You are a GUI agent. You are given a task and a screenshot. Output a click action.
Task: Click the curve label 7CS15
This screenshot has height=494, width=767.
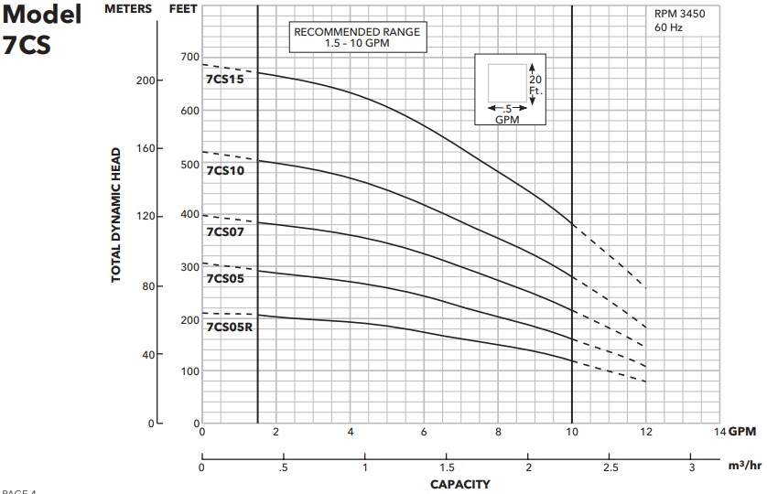[x=223, y=81]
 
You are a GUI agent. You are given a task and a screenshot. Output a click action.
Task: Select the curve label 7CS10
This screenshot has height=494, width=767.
[x=223, y=170]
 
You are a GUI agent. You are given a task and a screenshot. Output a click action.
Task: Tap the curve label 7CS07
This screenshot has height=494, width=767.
[x=223, y=231]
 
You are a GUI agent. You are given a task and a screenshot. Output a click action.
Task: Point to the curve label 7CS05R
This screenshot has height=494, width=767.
[x=229, y=327]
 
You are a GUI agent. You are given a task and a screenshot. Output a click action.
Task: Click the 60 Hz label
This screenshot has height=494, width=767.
[x=668, y=27]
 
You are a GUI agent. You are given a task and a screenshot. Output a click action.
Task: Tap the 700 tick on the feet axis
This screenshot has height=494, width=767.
[x=189, y=58]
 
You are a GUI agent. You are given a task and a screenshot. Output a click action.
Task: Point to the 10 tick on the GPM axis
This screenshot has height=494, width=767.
[x=571, y=431]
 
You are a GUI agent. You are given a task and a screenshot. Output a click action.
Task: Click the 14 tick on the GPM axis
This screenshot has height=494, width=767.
[x=718, y=431]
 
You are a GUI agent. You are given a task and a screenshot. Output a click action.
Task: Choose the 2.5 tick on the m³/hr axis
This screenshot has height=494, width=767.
[x=610, y=467]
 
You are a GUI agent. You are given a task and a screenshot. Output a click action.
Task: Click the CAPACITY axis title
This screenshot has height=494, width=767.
[x=459, y=484]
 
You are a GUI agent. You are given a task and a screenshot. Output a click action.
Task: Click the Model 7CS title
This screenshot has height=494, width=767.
[x=41, y=28]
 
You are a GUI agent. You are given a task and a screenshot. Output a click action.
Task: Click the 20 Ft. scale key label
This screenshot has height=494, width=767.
[x=536, y=85]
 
